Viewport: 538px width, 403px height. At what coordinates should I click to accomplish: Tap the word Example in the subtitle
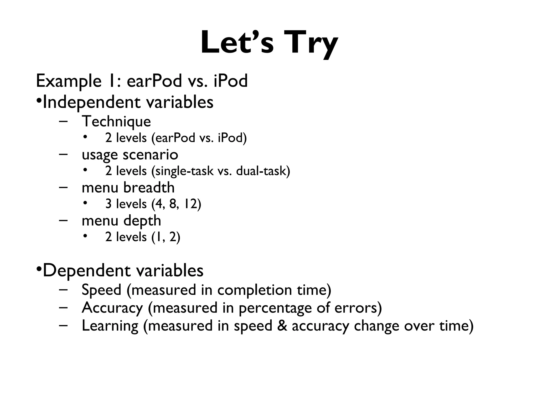(69, 81)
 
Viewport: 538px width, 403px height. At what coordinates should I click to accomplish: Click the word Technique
(116, 122)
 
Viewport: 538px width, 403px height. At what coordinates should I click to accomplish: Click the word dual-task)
(263, 171)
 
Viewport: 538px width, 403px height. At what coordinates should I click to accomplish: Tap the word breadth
(149, 187)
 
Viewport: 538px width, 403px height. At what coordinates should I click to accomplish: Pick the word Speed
(101, 290)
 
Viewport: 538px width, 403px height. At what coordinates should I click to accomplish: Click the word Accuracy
(112, 308)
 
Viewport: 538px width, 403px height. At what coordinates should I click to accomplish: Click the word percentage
(275, 308)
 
